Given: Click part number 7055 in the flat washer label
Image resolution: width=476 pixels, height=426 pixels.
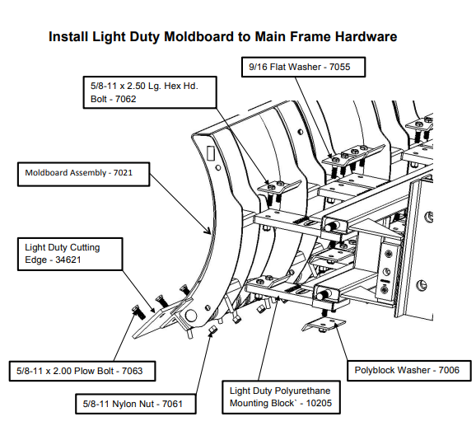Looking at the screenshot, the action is coord(339,67).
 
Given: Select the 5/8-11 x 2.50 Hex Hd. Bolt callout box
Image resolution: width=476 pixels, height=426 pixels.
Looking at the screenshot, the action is coord(150,92).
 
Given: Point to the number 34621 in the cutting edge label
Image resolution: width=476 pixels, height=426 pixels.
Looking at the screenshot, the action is coord(68,260).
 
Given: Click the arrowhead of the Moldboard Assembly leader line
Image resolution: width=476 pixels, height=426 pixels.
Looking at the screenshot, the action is coord(208,232).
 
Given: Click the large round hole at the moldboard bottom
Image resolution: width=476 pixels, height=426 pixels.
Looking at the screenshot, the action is coord(190,316).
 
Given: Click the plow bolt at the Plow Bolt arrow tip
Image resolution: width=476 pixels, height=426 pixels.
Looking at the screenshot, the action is coord(138,312).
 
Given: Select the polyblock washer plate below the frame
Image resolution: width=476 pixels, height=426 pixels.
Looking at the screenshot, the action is coord(324,325).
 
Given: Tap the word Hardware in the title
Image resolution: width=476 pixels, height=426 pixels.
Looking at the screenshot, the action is coord(366,36).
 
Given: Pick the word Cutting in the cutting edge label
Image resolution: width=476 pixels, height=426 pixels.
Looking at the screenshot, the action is coord(85,248).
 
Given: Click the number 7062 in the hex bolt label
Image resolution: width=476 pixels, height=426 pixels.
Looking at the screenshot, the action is coord(125,99).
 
